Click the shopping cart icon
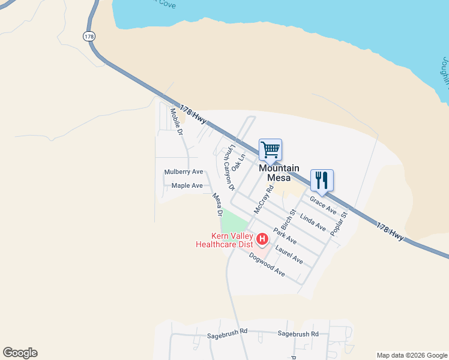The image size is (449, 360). pyautogui.click(x=270, y=149)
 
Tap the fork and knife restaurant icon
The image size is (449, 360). pyautogui.click(x=321, y=179)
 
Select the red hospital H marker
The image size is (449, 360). pyautogui.click(x=262, y=240)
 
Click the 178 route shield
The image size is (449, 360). pyautogui.click(x=89, y=37)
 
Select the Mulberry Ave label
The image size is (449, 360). pyautogui.click(x=184, y=172)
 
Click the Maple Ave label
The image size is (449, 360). pyautogui.click(x=187, y=186)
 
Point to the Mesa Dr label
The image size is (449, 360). pyautogui.click(x=218, y=205)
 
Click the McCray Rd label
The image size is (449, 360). pyautogui.click(x=264, y=200)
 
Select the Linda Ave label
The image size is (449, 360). pyautogui.click(x=312, y=223)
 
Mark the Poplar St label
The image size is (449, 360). pyautogui.click(x=339, y=223)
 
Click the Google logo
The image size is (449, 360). pyautogui.click(x=20, y=353)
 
